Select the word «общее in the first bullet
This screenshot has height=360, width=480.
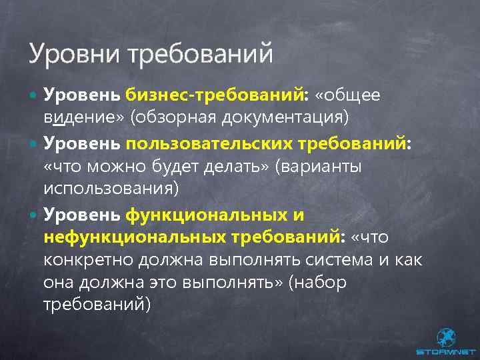(x=347, y=95)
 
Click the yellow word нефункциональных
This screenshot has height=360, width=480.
(x=135, y=237)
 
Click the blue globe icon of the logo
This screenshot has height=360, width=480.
(x=445, y=337)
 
